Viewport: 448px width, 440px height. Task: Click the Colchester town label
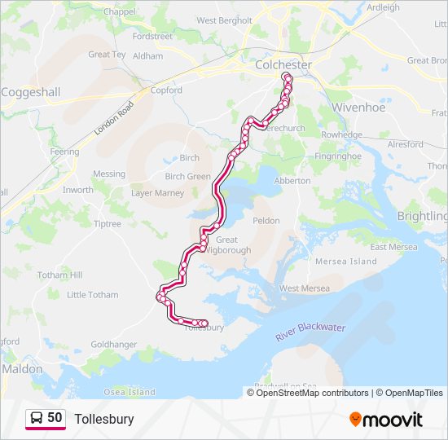(x=283, y=64)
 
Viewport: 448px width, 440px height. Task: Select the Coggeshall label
(x=31, y=92)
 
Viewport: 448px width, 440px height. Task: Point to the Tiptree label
(x=107, y=224)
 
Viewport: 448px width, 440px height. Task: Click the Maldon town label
(x=22, y=368)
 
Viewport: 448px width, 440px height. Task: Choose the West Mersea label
(x=305, y=288)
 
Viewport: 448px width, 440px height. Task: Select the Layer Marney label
(x=158, y=193)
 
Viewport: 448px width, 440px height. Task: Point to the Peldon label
(x=266, y=221)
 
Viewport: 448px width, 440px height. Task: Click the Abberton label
(x=292, y=181)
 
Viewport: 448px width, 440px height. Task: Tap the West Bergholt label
(x=224, y=20)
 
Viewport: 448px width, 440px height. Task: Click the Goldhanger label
(x=114, y=345)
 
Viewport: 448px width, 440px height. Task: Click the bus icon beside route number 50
(x=37, y=419)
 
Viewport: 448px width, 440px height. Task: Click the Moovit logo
(x=386, y=420)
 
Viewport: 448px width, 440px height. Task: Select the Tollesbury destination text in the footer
(x=104, y=420)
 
